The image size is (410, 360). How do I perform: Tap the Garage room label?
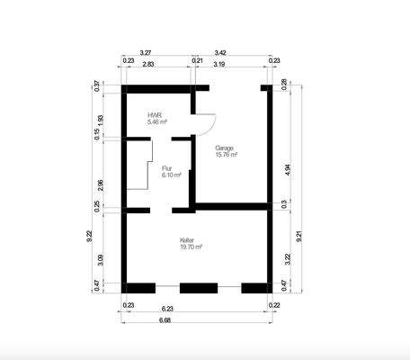click(x=225, y=148)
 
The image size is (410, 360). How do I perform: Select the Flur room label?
click(x=167, y=167)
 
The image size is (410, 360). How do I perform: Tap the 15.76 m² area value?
click(x=227, y=155)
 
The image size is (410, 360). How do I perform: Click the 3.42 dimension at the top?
click(x=220, y=53)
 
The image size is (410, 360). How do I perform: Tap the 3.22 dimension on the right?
click(x=287, y=257)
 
